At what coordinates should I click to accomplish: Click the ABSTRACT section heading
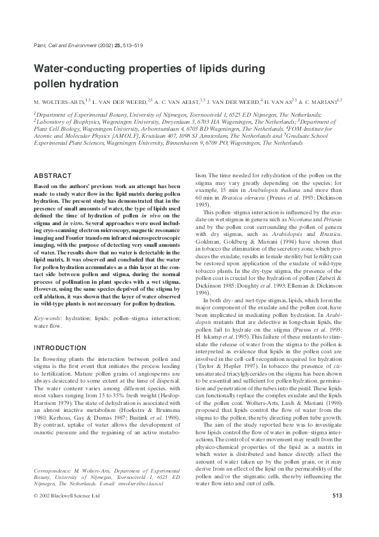tap(52, 175)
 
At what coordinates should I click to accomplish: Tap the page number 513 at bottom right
tap(338, 513)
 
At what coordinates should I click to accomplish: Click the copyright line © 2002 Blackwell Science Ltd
tap(67, 513)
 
